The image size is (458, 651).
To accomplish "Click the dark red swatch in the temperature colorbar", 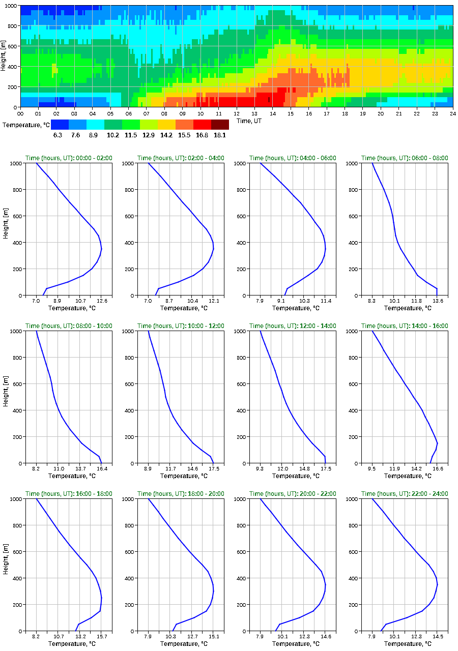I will coord(220,125).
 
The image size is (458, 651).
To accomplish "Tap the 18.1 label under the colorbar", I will coord(220,135).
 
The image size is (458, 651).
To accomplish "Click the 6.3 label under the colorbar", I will coord(58,135).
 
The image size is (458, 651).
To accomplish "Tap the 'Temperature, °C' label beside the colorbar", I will coord(25,125).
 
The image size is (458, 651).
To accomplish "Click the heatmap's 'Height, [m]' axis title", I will coord(4,56).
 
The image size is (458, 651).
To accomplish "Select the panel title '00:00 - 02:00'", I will coord(69,158).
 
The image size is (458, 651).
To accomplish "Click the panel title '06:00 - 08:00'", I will coord(405,158).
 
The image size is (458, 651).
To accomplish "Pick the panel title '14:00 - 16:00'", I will coord(405,326).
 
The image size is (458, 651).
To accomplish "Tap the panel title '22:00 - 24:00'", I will coord(405,494).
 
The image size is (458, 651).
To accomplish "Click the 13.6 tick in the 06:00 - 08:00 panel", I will coord(437,301).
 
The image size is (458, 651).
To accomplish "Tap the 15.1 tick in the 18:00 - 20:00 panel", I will coord(214,637).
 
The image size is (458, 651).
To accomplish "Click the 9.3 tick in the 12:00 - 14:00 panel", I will coord(260,469).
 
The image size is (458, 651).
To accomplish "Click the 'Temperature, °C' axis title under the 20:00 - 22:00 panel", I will coord(293,644).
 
